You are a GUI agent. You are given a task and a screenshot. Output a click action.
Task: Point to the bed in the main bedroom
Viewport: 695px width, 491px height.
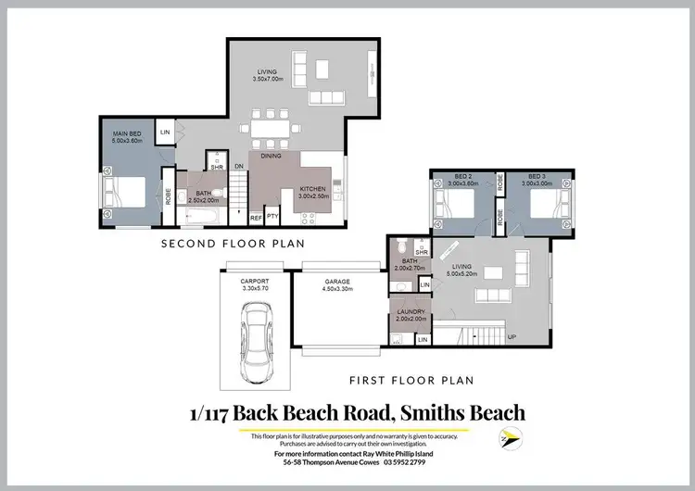point(126,193)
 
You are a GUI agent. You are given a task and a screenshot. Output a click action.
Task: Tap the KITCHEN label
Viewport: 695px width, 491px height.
point(314,191)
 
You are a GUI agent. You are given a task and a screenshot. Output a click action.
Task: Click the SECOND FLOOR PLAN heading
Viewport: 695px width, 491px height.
point(233,244)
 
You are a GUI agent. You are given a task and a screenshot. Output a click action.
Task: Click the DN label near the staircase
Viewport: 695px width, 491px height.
point(238,167)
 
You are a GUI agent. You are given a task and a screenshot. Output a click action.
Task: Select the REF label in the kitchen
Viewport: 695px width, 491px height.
point(256,218)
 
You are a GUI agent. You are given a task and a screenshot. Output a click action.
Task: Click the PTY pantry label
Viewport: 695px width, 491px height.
point(272,218)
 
